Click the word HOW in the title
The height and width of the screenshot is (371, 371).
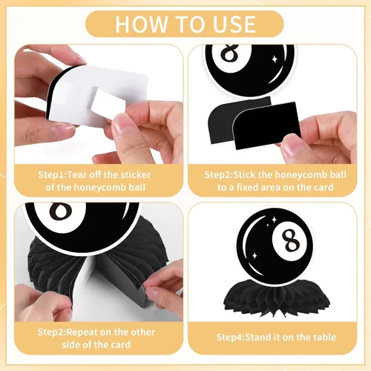141,24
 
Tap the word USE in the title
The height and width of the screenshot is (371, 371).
234,24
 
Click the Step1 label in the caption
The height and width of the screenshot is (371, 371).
51,175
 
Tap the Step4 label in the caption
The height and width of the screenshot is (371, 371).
229,337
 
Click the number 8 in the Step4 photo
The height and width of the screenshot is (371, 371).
290,240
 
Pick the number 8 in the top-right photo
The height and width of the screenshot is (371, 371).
232,54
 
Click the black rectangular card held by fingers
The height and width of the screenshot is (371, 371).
267,125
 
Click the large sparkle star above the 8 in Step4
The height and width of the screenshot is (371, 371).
274,220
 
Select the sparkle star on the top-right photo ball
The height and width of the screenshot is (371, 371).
275,59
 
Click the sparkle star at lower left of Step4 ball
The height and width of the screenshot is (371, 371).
255,255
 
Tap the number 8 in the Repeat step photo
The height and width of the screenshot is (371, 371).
60,210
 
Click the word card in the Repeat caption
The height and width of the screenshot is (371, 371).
120,344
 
